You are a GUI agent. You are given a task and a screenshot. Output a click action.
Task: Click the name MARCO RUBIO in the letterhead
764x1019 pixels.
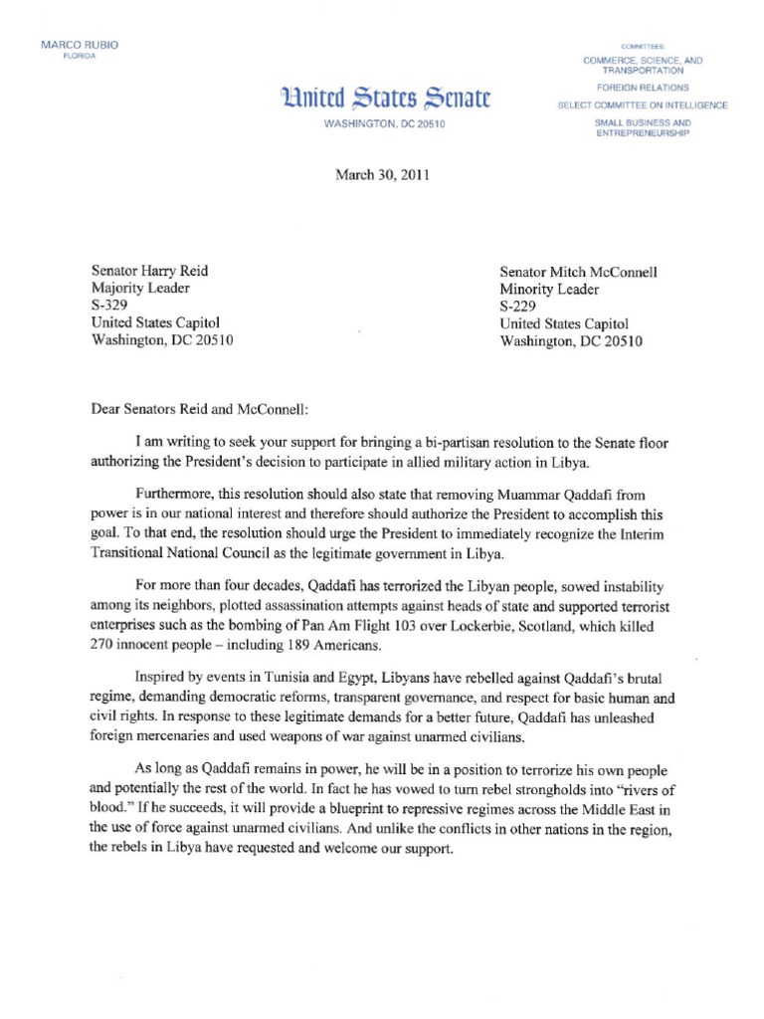pyautogui.click(x=72, y=46)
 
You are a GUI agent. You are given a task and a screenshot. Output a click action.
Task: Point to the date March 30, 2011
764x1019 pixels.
pyautogui.click(x=381, y=175)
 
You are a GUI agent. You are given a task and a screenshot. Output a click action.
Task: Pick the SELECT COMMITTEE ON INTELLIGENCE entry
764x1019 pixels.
pyautogui.click(x=643, y=105)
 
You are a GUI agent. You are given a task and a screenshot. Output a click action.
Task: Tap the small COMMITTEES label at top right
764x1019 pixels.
pyautogui.click(x=643, y=47)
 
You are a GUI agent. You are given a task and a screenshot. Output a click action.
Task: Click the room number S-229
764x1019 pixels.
pyautogui.click(x=519, y=306)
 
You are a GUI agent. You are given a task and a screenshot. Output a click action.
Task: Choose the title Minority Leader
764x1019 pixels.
pyautogui.click(x=549, y=290)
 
